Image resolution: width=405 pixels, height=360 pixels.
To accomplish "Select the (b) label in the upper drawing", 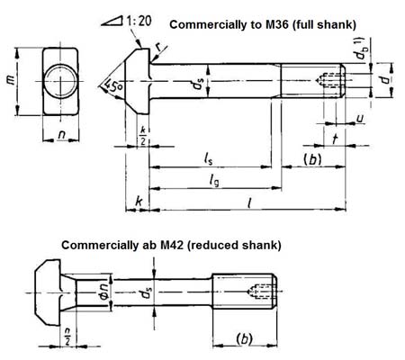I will [311, 158].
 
